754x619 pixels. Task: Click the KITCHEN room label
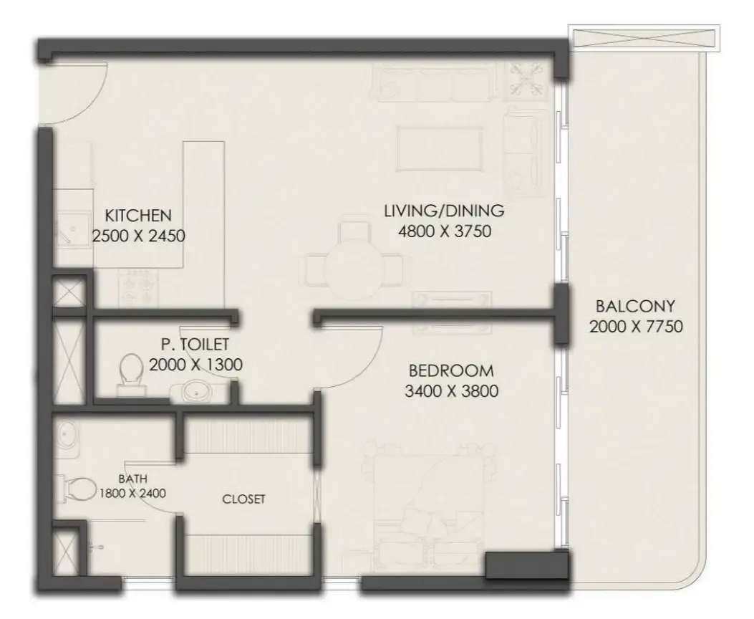[138, 215]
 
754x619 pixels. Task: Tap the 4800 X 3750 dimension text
[445, 231]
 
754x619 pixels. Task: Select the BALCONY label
[635, 306]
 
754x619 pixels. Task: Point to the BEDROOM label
[451, 371]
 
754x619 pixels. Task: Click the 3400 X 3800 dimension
[451, 391]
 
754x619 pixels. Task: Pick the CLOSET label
[243, 499]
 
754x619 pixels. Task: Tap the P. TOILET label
[195, 345]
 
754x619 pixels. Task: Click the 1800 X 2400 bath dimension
[132, 493]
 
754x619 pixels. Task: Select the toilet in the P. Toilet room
[131, 375]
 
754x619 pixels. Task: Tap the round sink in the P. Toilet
[197, 391]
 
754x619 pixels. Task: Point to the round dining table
[354, 265]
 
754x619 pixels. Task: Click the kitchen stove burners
[137, 287]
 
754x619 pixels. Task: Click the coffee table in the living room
[440, 148]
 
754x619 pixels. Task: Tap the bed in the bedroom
[428, 500]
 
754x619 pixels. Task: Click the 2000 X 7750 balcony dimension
[636, 327]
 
